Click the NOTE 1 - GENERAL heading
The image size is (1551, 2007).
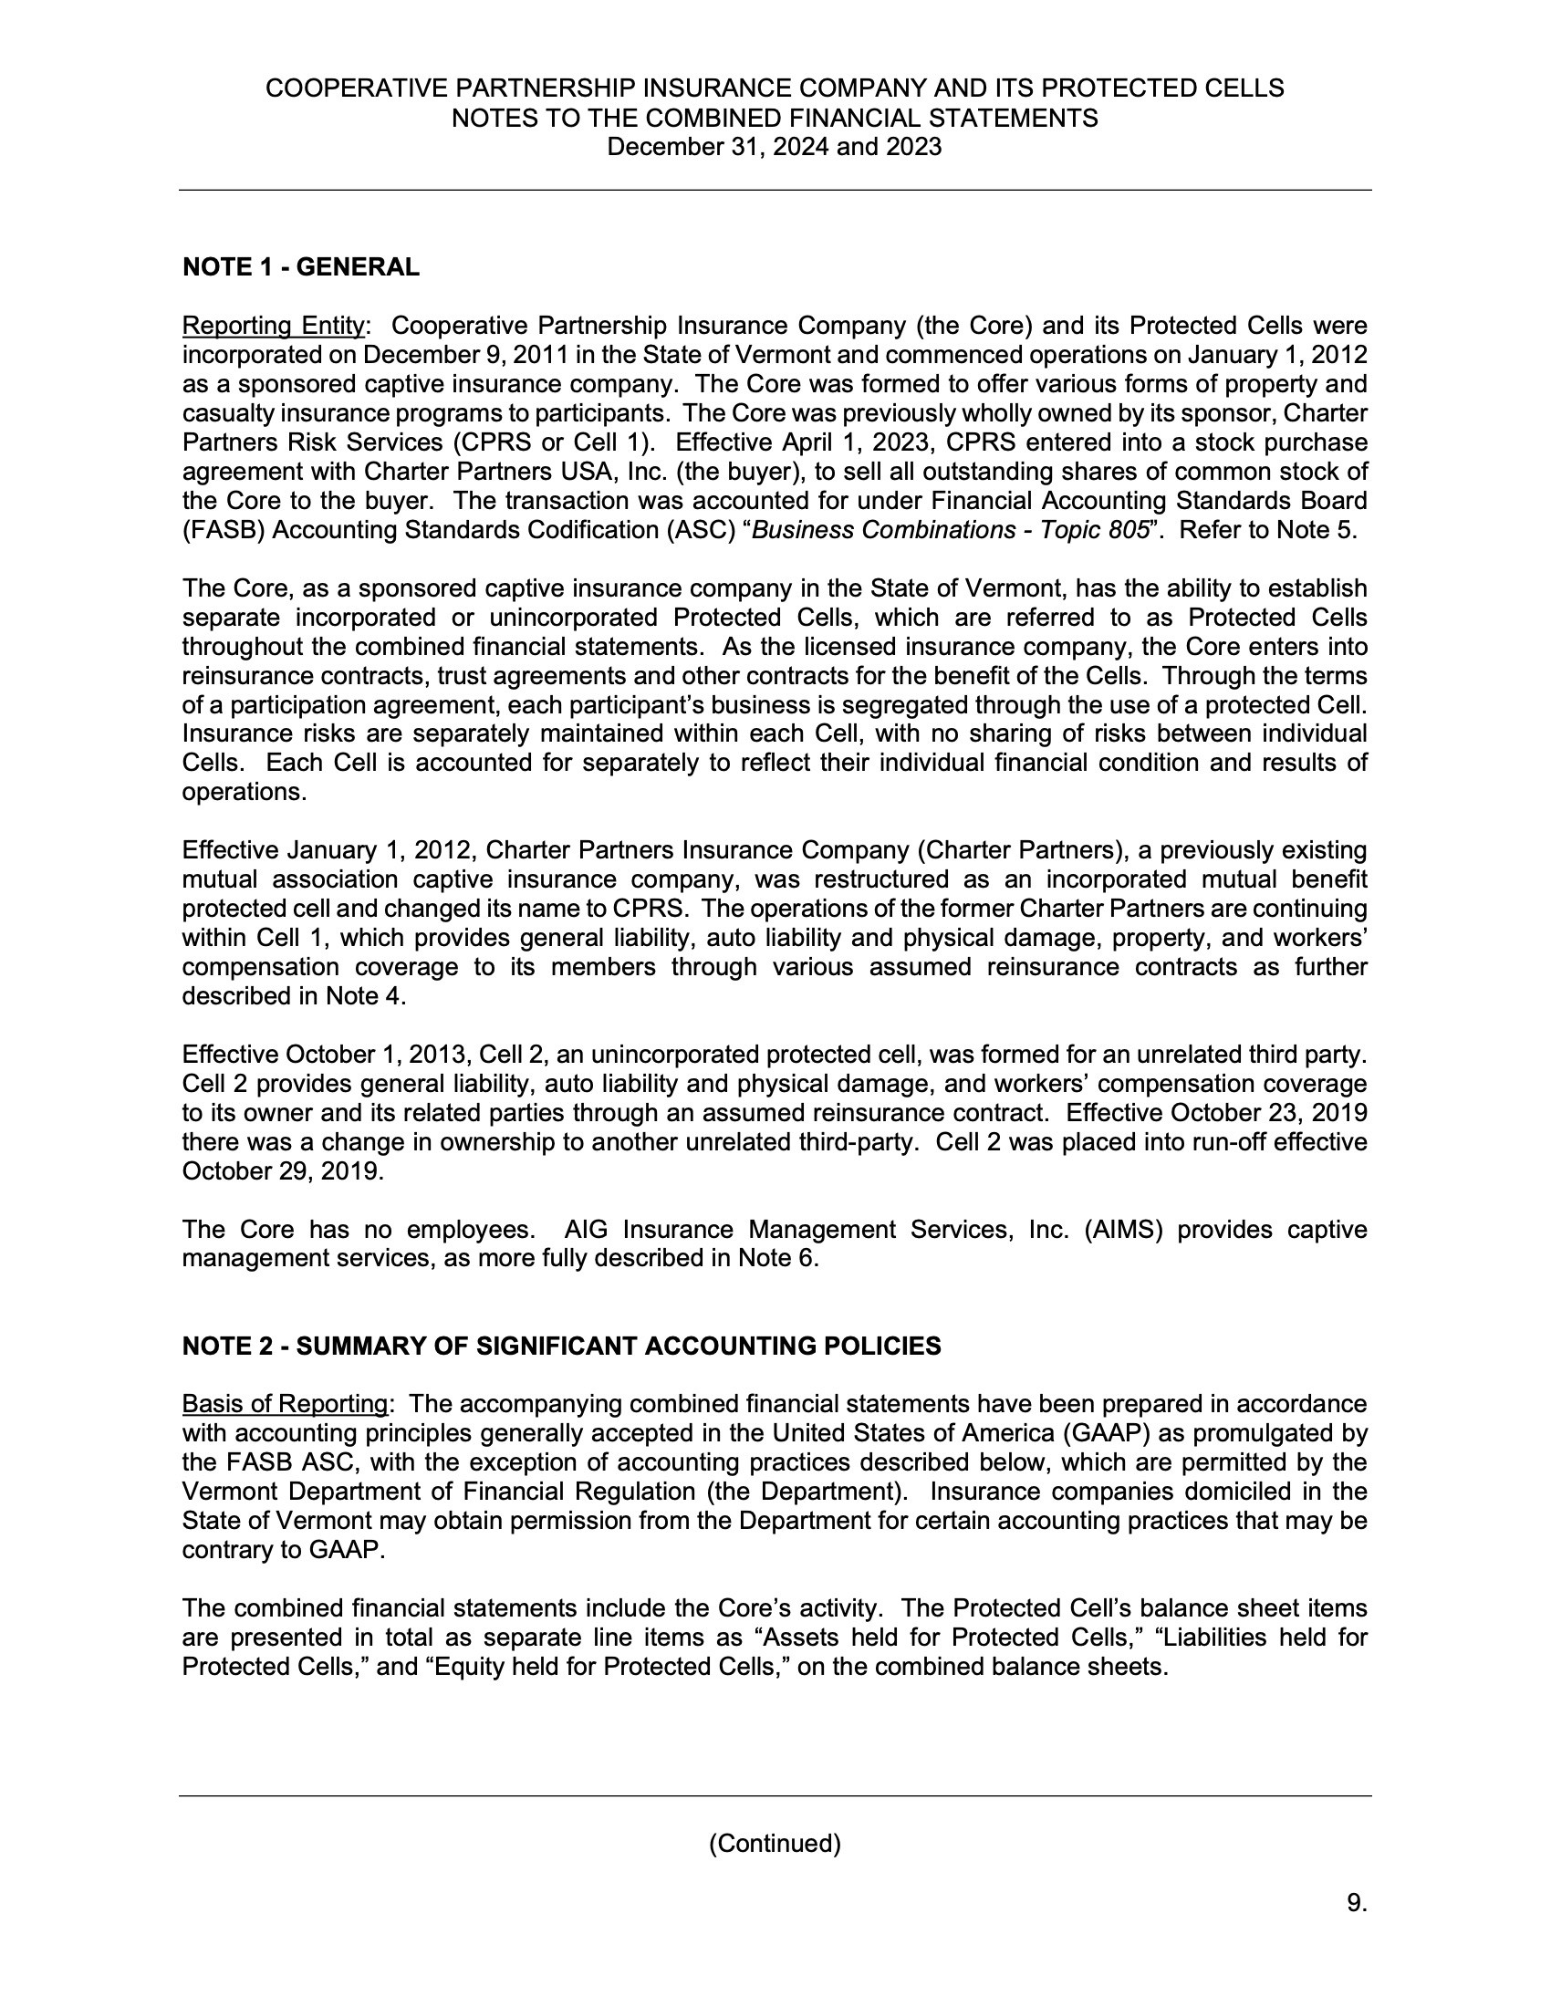click(x=300, y=267)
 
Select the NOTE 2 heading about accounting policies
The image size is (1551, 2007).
click(x=561, y=1347)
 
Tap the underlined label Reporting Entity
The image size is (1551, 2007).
click(x=273, y=327)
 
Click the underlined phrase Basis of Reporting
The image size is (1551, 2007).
click(x=285, y=1404)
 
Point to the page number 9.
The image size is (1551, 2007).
click(x=1356, y=1903)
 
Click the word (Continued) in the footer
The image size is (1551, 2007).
click(x=775, y=1844)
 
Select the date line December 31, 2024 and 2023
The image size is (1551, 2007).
click(x=775, y=147)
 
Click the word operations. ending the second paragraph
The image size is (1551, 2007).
click(x=244, y=792)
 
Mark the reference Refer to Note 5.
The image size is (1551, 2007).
click(x=1268, y=530)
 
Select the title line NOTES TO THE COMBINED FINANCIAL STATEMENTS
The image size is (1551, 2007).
click(x=775, y=118)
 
